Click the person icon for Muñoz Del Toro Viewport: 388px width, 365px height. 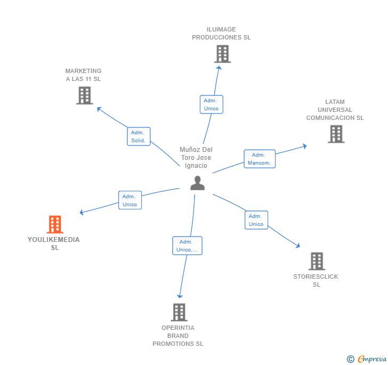[x=197, y=183]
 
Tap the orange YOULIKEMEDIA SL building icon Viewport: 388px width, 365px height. [x=54, y=224]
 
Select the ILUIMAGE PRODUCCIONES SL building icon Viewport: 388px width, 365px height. [x=222, y=54]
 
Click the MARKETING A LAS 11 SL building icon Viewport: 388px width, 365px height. [x=84, y=95]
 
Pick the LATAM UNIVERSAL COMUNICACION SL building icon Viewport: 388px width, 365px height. [x=336, y=134]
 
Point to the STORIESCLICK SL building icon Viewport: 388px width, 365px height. [x=317, y=261]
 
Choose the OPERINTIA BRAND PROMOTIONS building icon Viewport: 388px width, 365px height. [x=179, y=312]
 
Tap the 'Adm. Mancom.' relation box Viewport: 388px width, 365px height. [x=260, y=159]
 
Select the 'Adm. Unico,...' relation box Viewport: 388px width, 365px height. [x=187, y=246]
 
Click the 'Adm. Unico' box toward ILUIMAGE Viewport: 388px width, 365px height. [x=211, y=104]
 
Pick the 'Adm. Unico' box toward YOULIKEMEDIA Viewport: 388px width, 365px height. [x=130, y=200]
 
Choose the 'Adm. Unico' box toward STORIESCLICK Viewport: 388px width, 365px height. [x=256, y=220]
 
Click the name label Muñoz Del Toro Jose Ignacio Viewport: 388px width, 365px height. [x=196, y=157]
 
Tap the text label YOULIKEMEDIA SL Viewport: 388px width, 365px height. [x=53, y=244]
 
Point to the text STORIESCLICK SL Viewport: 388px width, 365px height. [x=316, y=280]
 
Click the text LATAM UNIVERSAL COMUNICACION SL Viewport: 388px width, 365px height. [x=335, y=110]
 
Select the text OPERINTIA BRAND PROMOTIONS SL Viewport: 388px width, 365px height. [x=178, y=336]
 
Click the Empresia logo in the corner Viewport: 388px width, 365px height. [x=368, y=359]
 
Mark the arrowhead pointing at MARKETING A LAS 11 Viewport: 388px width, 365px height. [x=98, y=108]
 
